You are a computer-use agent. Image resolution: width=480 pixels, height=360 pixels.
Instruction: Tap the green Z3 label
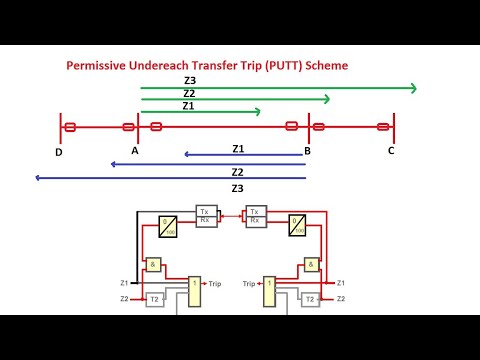[190, 80]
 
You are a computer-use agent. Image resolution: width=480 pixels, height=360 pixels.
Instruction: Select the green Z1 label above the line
[188, 105]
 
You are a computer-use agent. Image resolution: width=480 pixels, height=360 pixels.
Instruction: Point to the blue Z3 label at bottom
[237, 188]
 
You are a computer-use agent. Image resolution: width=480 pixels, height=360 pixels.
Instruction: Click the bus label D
[59, 152]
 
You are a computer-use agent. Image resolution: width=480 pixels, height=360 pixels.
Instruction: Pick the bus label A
[135, 151]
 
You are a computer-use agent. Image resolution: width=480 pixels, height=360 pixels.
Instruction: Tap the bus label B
[307, 151]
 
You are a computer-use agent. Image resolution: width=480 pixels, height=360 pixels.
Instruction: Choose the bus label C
[391, 151]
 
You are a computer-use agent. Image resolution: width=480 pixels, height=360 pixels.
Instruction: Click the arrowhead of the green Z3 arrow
[412, 89]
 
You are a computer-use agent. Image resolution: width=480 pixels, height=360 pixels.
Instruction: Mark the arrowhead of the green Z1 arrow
[257, 112]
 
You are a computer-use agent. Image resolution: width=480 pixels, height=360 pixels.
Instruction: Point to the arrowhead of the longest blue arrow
[38, 178]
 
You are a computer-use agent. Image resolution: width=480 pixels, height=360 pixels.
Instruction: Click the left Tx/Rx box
[205, 216]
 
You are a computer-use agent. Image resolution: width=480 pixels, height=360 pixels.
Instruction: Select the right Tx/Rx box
[255, 216]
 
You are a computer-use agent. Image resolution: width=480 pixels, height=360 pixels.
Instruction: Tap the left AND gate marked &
[153, 265]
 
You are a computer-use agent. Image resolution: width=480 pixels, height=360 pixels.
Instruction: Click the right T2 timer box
[311, 299]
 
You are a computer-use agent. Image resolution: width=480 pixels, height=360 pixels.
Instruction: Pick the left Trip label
[215, 284]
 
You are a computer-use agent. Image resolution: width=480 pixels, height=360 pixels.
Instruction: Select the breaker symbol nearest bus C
[383, 127]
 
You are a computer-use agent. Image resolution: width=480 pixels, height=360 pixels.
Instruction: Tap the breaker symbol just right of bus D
[70, 127]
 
